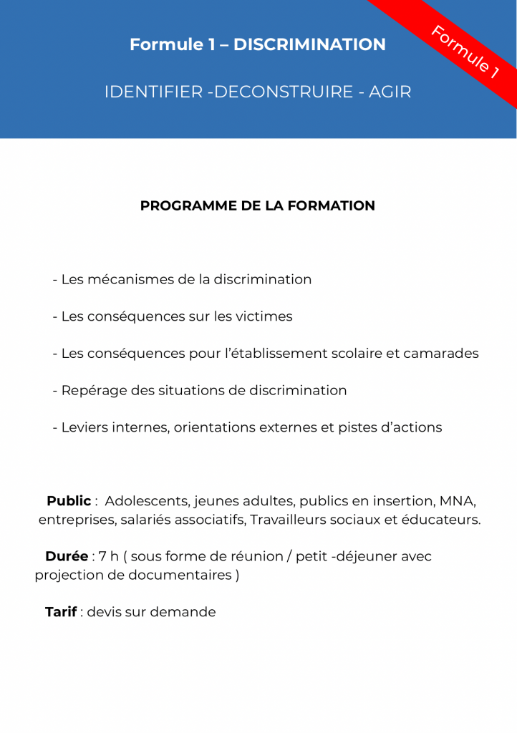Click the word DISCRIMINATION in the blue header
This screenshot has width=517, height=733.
coord(309,44)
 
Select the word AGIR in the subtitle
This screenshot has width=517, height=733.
coord(390,92)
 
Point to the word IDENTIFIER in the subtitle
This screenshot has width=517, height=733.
coord(153,92)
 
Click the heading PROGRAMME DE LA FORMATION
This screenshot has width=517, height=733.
coord(258,206)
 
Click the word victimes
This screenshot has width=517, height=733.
coord(264,316)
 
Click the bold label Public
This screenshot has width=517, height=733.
coord(69,501)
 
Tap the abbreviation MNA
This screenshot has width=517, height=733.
coord(457,501)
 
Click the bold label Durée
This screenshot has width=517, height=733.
coord(67,556)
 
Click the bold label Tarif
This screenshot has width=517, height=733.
coord(61,612)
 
